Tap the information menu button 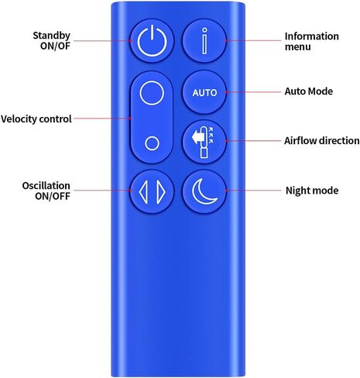pyautogui.click(x=204, y=40)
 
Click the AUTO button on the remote pyautogui.click(x=204, y=92)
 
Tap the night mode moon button pyautogui.click(x=204, y=191)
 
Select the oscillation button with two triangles pyautogui.click(x=152, y=191)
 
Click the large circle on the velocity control pyautogui.click(x=152, y=93)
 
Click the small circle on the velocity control pyautogui.click(x=152, y=143)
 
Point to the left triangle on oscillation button pyautogui.click(x=143, y=192)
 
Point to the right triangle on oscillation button pyautogui.click(x=161, y=192)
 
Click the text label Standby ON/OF pyautogui.click(x=51, y=40)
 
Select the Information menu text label pyautogui.click(x=312, y=41)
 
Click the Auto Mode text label pyautogui.click(x=309, y=91)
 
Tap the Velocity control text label pyautogui.click(x=36, y=119)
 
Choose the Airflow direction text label pyautogui.click(x=322, y=141)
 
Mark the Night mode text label pyautogui.click(x=312, y=191)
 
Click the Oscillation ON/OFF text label pyautogui.click(x=46, y=191)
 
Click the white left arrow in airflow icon pyautogui.click(x=197, y=137)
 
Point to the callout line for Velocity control pyautogui.click(x=102, y=119)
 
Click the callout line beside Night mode pyautogui.click(x=253, y=191)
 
